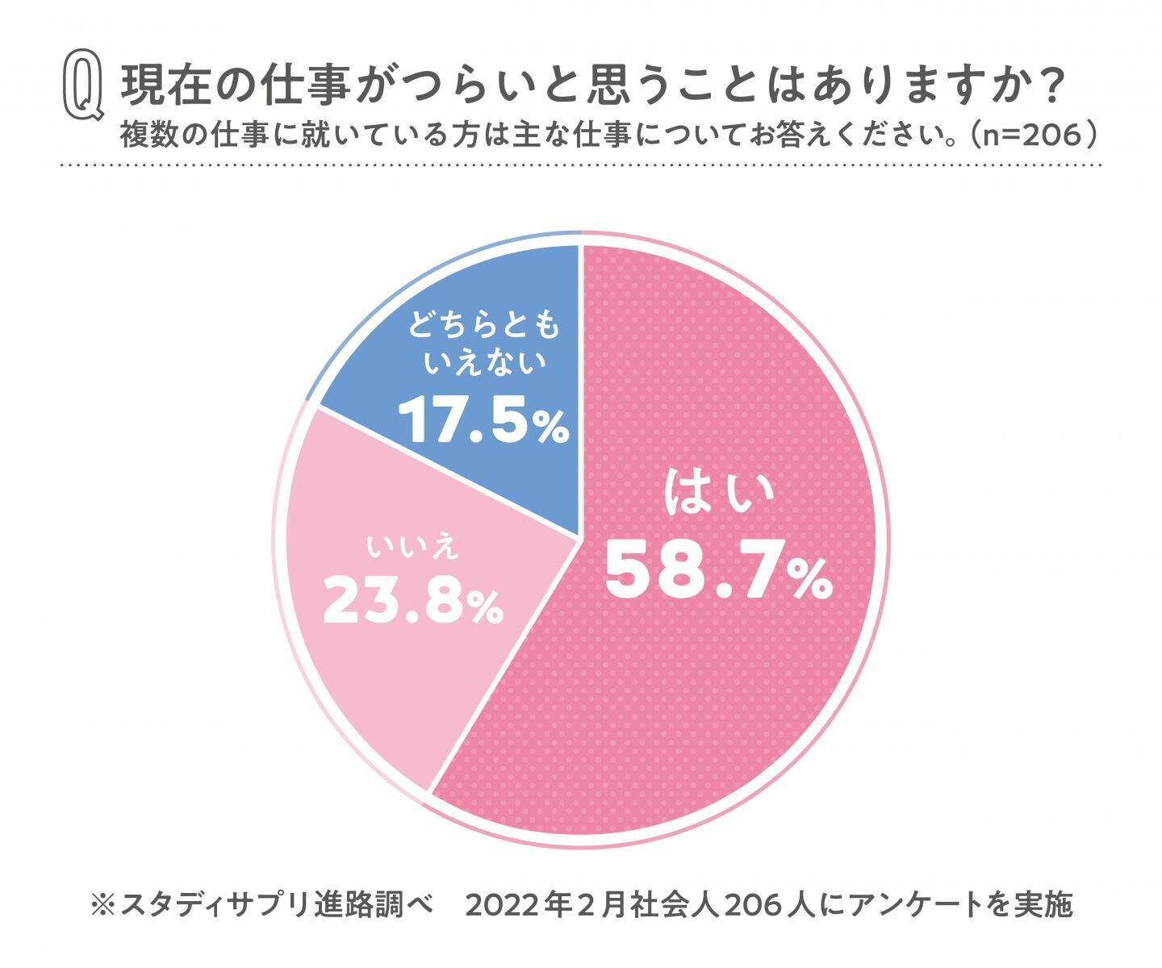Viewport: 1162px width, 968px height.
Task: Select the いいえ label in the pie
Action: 412,547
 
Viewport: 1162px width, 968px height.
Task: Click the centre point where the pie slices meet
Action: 580,538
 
